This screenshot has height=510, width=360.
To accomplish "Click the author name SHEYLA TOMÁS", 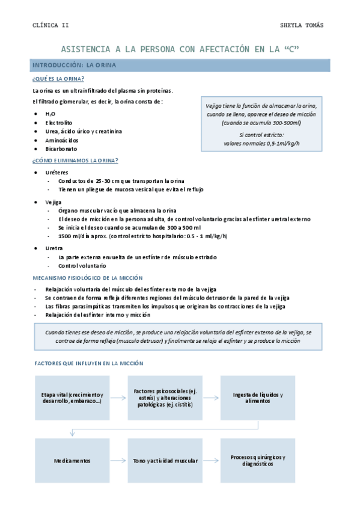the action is tap(302, 25).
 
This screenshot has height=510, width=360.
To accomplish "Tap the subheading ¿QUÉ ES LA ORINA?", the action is tap(58, 79).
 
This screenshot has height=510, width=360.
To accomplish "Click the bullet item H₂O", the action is tap(50, 113).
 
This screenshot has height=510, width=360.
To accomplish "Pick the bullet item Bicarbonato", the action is tap(61, 149).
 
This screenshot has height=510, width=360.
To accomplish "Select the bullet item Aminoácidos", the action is tap(61, 140).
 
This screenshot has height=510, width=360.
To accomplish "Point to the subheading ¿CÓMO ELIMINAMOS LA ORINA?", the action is tap(75, 161).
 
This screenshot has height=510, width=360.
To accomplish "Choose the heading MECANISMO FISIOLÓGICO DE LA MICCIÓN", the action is tap(87, 278).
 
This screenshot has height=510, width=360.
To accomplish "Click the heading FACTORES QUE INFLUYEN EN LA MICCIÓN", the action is tap(88, 363).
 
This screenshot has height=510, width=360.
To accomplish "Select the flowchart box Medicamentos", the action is tap(72, 461).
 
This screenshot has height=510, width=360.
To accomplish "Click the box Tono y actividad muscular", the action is tap(165, 461).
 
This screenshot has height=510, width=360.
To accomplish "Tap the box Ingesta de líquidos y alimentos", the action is tap(258, 398).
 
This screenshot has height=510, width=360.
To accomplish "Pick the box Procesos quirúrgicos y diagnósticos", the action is tap(258, 461).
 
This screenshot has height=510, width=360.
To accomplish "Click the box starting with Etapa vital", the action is tap(72, 398).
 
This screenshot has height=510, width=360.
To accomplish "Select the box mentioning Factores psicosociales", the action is tap(165, 398).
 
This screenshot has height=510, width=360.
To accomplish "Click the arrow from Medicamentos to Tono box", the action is tap(118, 461).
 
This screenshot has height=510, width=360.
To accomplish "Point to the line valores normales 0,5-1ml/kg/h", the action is tap(261, 143).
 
